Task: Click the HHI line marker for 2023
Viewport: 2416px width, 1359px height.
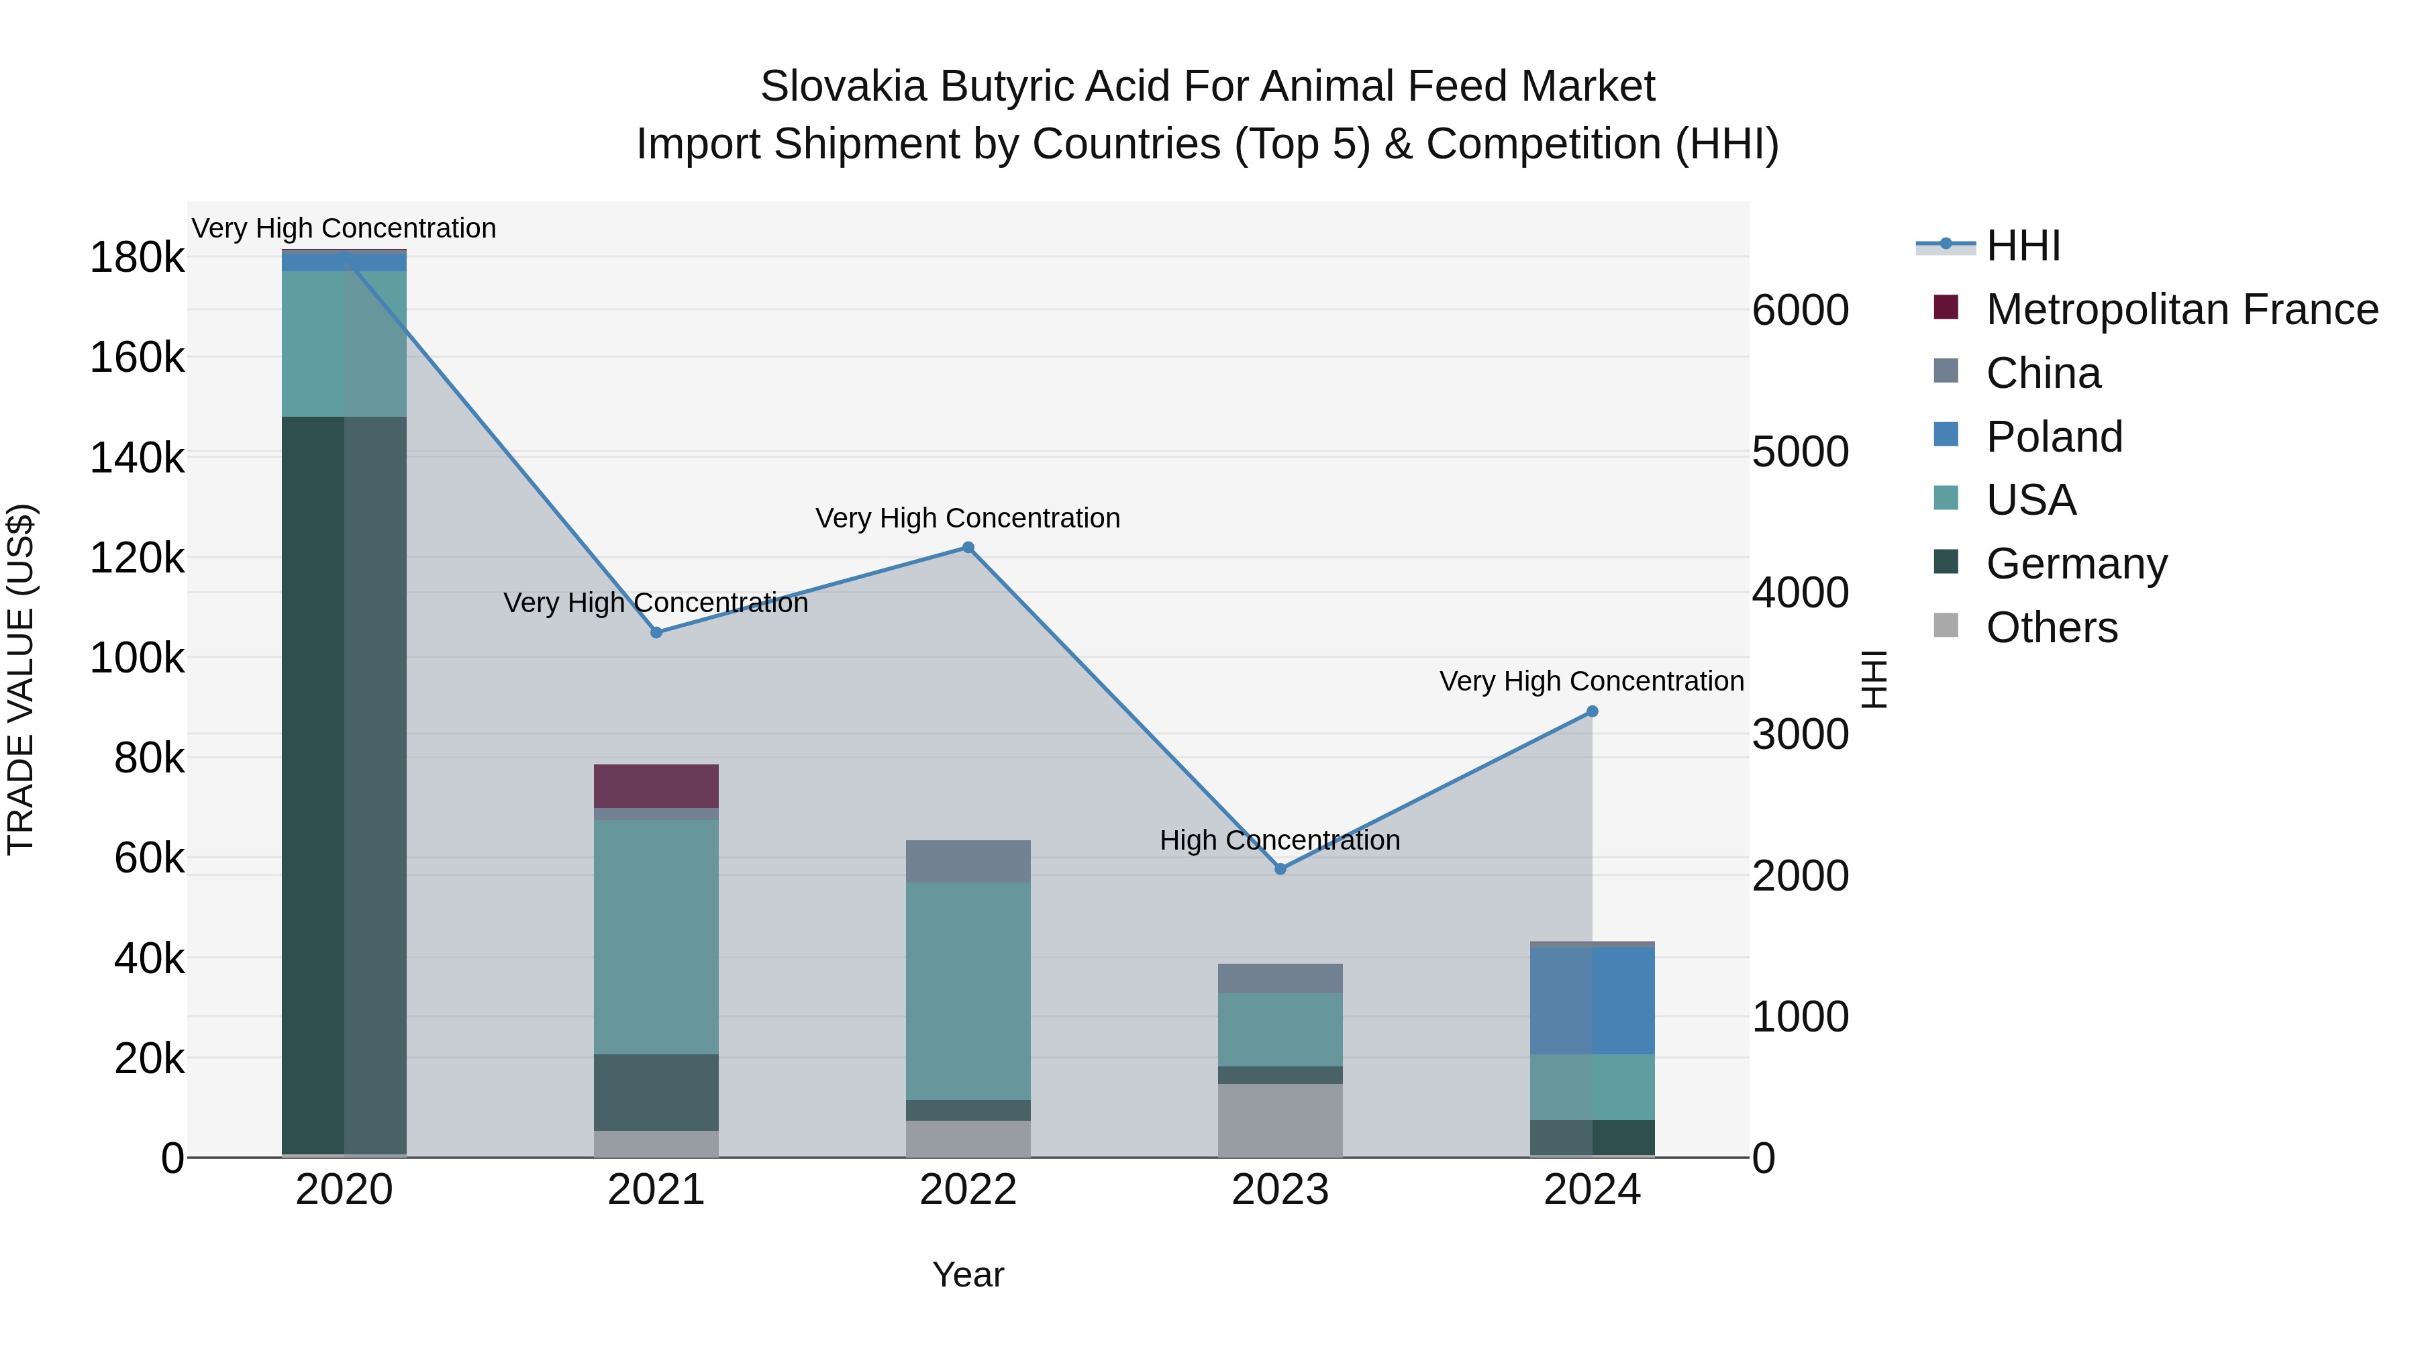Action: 1280,868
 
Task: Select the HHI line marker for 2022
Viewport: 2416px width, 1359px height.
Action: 968,548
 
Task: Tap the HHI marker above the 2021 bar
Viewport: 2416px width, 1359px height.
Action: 656,632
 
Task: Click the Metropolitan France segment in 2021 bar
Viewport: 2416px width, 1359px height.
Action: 656,786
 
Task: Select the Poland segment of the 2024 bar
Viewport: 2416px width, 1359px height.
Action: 1592,1001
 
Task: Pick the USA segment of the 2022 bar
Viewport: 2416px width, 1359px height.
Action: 968,991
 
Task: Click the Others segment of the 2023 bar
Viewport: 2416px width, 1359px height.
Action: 1280,1120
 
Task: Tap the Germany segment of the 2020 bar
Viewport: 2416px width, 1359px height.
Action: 344,785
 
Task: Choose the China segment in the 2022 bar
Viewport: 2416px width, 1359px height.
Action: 968,861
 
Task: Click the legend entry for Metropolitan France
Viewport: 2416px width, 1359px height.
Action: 2182,309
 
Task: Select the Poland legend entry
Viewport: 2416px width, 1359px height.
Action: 2054,437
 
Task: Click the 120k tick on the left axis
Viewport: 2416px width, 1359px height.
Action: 137,559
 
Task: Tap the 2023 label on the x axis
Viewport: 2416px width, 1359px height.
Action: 1280,1190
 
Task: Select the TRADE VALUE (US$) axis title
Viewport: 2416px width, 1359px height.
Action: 21,679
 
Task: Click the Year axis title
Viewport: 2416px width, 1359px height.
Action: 968,1274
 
